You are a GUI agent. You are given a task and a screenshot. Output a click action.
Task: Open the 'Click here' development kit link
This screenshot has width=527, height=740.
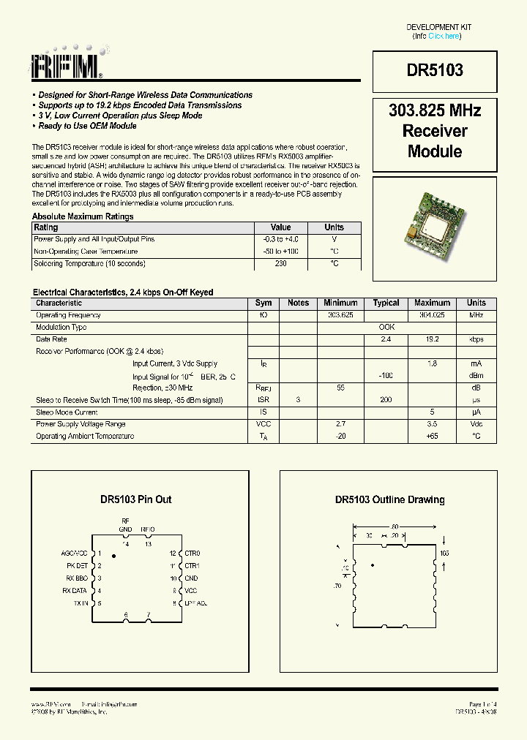[x=444, y=36]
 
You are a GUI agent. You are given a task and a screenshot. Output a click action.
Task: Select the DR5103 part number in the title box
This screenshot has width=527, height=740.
[x=435, y=70]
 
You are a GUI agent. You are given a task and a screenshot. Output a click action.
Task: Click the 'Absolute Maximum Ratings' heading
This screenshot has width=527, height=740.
[x=83, y=216]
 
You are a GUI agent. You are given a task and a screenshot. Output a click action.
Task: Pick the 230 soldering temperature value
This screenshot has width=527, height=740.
[x=280, y=263]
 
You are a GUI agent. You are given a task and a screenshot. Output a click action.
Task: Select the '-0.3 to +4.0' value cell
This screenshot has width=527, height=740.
[x=280, y=239]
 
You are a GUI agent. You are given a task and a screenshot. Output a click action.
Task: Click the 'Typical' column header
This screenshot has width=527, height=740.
[x=386, y=303]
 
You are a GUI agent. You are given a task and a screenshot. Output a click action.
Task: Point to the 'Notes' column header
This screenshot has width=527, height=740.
[x=298, y=303]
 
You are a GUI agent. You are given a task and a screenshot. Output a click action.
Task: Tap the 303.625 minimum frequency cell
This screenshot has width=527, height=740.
[x=340, y=315]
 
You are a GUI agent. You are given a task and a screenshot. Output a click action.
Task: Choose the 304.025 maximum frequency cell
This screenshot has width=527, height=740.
[x=432, y=315]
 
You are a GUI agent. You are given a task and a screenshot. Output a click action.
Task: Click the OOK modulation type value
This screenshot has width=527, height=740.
[x=386, y=328]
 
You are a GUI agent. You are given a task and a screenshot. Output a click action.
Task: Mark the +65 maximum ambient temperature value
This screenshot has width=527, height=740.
[x=432, y=437]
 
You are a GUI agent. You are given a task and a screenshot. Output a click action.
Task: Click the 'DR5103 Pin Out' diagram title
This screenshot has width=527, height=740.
[x=136, y=499]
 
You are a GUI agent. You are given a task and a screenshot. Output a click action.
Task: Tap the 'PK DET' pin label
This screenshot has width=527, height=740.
[x=77, y=566]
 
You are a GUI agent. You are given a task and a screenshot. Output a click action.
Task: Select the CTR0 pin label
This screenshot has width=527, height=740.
[x=193, y=554]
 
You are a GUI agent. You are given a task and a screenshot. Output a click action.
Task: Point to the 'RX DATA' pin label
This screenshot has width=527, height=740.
[x=75, y=591]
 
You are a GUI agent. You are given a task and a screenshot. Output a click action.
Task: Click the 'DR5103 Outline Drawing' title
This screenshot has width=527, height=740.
[x=389, y=499]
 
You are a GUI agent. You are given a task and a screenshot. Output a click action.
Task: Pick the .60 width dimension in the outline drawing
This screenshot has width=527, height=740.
[x=394, y=526]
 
